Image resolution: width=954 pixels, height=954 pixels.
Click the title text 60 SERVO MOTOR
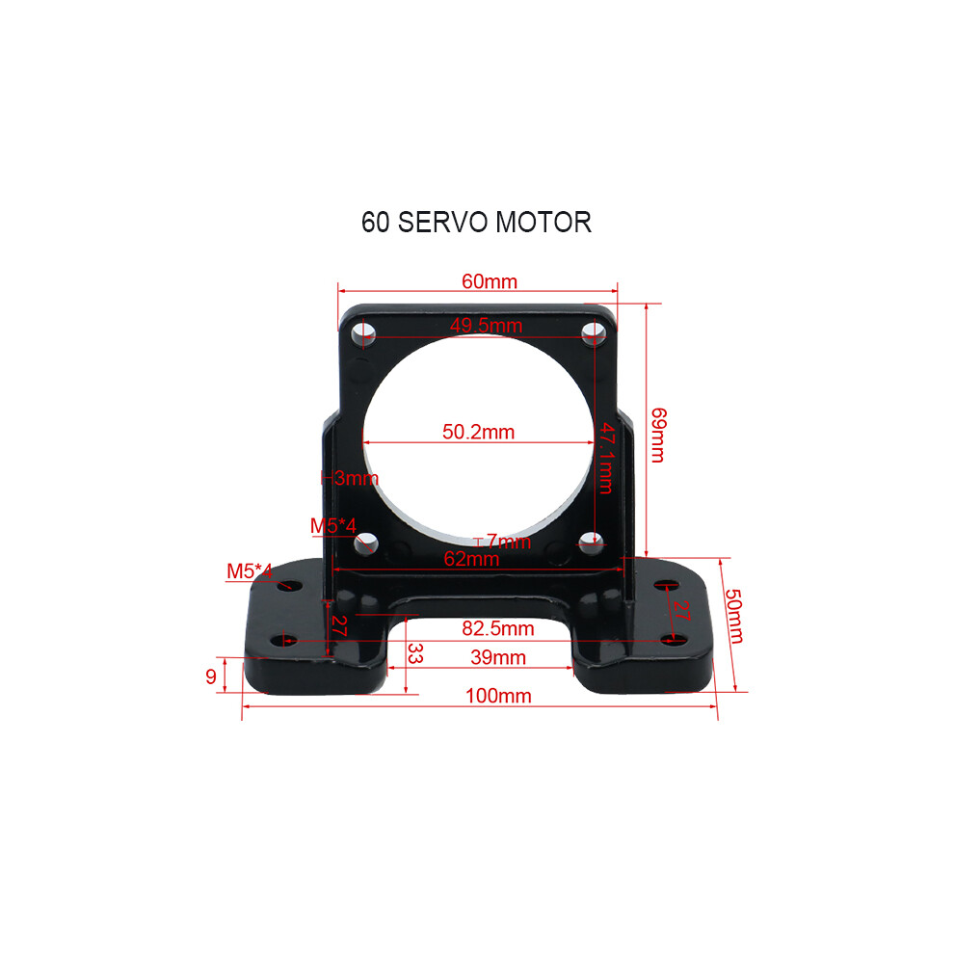[476, 222]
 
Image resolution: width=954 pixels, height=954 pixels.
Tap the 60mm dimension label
[490, 281]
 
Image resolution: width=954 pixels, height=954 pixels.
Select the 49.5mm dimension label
[486, 326]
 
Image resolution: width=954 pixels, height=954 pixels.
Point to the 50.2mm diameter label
[478, 432]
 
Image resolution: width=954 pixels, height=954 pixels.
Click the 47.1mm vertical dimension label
[606, 458]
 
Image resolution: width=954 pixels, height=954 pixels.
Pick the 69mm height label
[658, 435]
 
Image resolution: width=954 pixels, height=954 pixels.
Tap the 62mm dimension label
[471, 559]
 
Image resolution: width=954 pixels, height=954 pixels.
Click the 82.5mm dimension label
[497, 628]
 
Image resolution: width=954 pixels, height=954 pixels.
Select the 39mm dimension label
[497, 657]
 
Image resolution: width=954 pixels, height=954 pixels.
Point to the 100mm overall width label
[498, 696]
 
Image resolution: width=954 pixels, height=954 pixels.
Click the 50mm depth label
[733, 616]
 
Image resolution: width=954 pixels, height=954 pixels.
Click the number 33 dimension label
[415, 653]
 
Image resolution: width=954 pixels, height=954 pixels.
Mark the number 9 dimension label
[210, 676]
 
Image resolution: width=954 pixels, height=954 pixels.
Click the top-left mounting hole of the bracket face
[363, 332]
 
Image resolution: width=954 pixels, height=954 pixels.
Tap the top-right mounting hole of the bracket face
[594, 332]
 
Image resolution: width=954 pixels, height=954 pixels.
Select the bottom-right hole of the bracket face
[591, 541]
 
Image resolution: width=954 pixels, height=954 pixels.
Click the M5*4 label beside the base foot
[250, 571]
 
